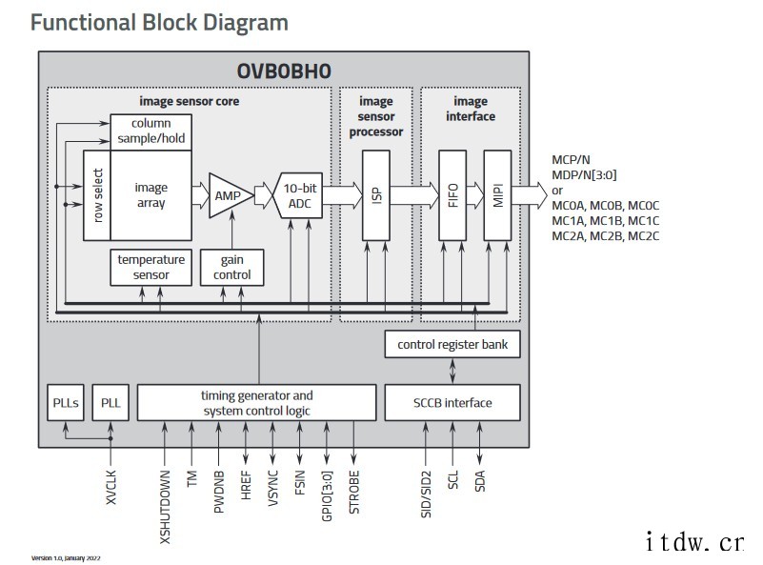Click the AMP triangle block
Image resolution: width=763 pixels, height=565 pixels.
pyautogui.click(x=228, y=195)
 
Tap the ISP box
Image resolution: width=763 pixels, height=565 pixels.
pyautogui.click(x=376, y=195)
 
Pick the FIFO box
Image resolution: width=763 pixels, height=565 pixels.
pyautogui.click(x=452, y=195)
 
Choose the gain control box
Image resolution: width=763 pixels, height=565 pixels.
pyautogui.click(x=231, y=267)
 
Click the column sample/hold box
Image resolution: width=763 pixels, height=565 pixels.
pyautogui.click(x=151, y=131)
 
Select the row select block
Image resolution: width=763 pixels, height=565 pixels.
pyautogui.click(x=97, y=195)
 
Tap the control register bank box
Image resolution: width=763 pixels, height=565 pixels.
pyautogui.click(x=452, y=343)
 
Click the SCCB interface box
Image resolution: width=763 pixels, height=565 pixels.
pyautogui.click(x=452, y=402)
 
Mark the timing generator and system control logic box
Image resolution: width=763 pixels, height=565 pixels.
pyautogui.click(x=256, y=402)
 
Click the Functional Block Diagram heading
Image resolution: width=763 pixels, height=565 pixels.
pyautogui.click(x=159, y=22)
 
